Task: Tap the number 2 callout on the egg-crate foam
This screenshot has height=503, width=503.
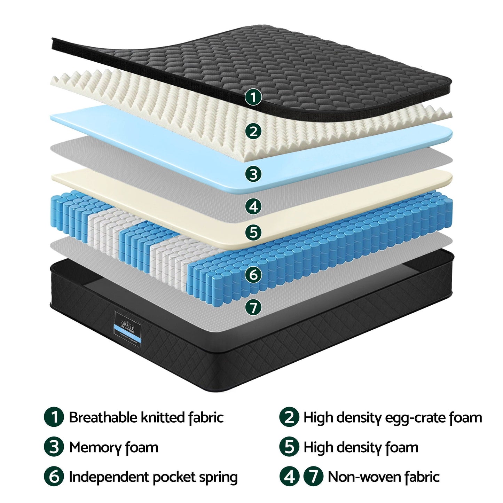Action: tap(253, 131)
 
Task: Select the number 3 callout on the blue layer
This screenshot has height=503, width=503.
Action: tap(253, 173)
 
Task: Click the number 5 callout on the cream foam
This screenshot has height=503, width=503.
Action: tap(253, 232)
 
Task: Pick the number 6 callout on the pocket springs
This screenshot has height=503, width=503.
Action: tap(253, 275)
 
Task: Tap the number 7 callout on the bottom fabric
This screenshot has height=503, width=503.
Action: tap(253, 307)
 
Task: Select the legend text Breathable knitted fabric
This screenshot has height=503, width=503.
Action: tap(146, 417)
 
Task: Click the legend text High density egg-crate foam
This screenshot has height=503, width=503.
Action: tap(392, 417)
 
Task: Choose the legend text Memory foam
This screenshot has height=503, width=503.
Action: tap(113, 447)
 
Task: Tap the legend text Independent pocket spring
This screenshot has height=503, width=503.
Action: tap(153, 477)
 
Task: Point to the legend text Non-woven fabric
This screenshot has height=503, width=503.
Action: tap(384, 477)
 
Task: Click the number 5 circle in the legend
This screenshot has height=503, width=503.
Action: tap(289, 447)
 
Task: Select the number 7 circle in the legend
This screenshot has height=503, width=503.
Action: tap(313, 477)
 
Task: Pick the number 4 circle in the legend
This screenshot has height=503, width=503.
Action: tap(289, 477)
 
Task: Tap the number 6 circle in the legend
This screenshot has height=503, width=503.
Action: tap(54, 477)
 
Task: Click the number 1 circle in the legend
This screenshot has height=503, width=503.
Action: tap(54, 417)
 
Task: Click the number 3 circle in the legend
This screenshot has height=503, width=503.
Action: tap(54, 447)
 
